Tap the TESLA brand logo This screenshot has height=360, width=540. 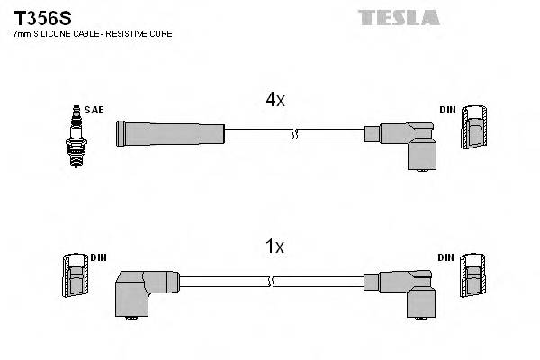399,17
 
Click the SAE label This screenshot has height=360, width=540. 96,110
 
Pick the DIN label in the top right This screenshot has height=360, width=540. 447,110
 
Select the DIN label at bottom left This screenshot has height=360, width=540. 98,257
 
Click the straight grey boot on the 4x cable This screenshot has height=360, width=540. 169,134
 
